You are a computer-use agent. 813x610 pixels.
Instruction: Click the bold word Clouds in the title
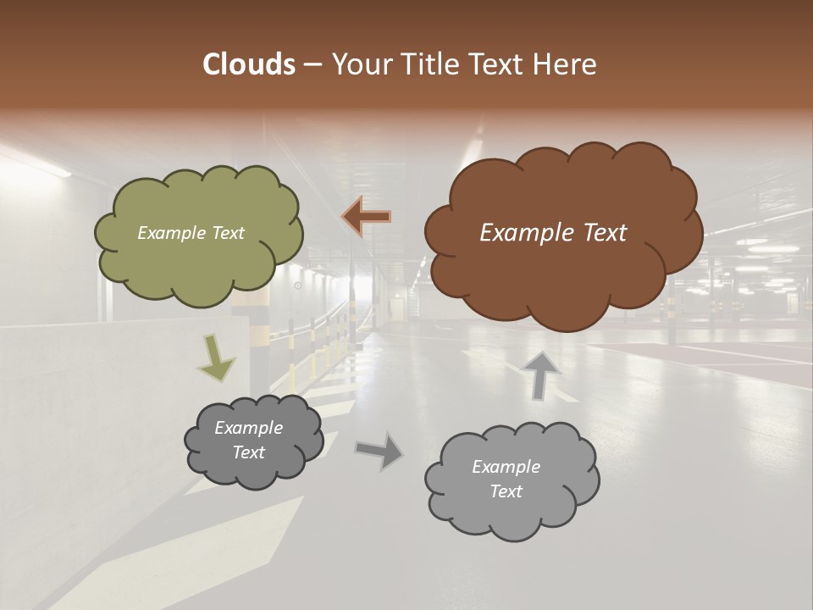click(x=248, y=64)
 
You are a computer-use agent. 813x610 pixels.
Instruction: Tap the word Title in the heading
click(x=424, y=64)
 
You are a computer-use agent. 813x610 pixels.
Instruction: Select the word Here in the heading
click(x=567, y=64)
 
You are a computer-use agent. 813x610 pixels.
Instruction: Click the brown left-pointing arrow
click(x=367, y=217)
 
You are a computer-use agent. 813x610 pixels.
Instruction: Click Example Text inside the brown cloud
click(x=553, y=233)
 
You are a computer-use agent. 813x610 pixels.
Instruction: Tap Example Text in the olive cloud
click(x=191, y=232)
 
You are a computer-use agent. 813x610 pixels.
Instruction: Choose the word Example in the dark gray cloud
click(x=248, y=428)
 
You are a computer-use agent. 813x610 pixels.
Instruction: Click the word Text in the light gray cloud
click(x=506, y=491)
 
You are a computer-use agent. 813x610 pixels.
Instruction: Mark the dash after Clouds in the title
click(x=312, y=64)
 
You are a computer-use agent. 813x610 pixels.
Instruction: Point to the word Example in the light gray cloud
click(x=506, y=467)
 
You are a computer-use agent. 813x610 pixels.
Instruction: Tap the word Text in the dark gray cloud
click(x=248, y=452)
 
